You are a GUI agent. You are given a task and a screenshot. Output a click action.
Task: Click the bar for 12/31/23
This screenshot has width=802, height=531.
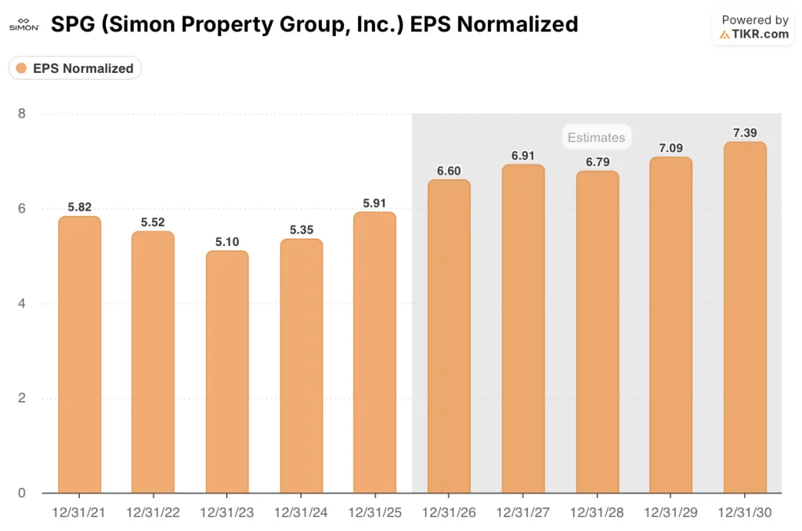[227, 372]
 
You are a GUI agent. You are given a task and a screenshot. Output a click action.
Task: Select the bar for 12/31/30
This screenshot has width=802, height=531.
[745, 317]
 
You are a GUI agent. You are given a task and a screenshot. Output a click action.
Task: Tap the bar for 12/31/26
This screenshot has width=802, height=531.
[449, 337]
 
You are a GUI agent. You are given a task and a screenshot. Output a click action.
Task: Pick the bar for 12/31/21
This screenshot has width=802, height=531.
[79, 355]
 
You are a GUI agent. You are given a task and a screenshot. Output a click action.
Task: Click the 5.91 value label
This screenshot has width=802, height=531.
[375, 203]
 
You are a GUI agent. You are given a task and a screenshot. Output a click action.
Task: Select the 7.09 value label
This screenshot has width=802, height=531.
[671, 147]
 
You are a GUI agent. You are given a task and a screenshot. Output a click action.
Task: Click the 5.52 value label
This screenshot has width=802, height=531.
[154, 222]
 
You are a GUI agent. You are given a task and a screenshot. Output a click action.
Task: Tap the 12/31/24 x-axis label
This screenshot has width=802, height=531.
[301, 512]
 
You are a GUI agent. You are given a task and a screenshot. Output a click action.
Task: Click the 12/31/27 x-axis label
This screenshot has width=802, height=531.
[523, 512]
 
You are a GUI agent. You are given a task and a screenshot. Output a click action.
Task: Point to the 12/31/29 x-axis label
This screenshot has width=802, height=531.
[671, 512]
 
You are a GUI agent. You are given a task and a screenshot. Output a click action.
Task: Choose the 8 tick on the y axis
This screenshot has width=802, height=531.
[22, 114]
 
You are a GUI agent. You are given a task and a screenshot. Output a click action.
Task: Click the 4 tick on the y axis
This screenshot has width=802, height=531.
[22, 304]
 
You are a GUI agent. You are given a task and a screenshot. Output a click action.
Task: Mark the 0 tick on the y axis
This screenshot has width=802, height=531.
[22, 493]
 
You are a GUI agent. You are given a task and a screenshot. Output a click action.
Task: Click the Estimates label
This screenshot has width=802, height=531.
[596, 138]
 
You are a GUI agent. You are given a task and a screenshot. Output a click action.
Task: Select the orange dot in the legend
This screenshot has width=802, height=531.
[21, 68]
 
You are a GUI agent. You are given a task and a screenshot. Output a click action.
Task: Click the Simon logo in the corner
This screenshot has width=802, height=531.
[23, 24]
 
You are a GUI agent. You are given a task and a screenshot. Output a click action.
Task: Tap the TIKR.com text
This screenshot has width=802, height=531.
[760, 34]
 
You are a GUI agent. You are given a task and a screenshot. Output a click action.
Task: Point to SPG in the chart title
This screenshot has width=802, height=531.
[71, 24]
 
